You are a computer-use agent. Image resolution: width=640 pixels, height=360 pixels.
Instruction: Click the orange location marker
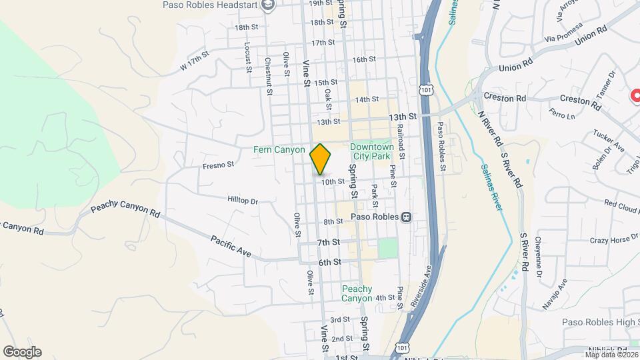tap(321, 159)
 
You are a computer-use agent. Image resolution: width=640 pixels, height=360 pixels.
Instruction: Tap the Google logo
tap(22, 352)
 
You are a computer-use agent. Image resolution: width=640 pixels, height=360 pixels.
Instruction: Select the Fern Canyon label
tap(279, 150)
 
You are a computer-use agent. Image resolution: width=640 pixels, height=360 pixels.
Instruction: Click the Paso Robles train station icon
tap(406, 217)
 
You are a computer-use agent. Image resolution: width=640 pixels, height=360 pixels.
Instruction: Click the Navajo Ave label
tap(554, 293)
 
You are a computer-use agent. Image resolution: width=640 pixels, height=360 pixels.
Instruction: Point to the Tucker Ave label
tap(609, 140)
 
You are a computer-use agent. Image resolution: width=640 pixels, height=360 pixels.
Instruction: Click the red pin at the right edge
tap(635, 96)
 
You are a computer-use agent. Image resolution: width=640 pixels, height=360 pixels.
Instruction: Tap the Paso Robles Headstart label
tap(211, 5)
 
